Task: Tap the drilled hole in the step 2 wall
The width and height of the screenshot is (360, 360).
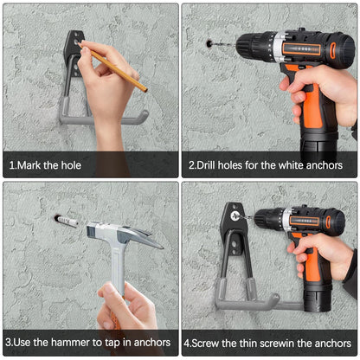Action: [x=209, y=44]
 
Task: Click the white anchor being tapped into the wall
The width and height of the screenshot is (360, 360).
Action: [x=67, y=222]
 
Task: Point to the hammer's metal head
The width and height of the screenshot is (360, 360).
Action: [x=125, y=233]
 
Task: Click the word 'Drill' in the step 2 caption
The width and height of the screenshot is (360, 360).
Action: [x=206, y=165]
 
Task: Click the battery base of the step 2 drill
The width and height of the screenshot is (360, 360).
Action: [x=318, y=146]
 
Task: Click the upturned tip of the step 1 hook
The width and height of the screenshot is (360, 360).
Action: [x=144, y=116]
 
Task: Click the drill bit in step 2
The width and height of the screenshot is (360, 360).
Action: [x=224, y=45]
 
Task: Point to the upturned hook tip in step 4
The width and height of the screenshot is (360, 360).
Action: [x=274, y=299]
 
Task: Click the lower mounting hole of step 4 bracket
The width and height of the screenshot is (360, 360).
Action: [x=235, y=245]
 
